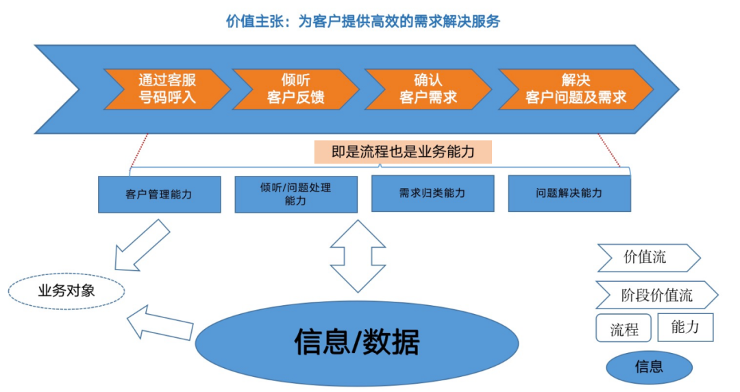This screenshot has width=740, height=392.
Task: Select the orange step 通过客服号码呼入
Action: click(166, 89)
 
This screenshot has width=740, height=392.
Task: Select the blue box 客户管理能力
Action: click(160, 194)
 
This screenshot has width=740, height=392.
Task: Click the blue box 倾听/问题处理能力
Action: click(295, 194)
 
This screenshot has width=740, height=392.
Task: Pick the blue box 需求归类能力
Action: click(432, 194)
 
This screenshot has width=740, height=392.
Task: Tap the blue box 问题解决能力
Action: click(569, 194)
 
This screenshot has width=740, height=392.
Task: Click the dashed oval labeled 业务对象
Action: click(66, 291)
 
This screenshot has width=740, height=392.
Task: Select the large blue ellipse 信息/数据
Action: click(356, 342)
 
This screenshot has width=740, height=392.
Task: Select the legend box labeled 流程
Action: click(624, 329)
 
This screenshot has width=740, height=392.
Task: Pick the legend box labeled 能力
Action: click(685, 327)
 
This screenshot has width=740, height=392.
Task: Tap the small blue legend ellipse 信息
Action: click(648, 366)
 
